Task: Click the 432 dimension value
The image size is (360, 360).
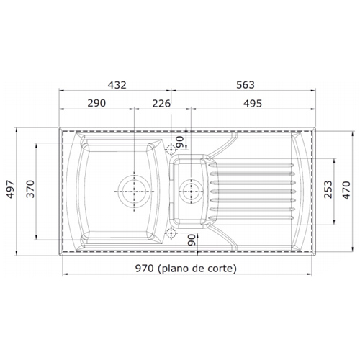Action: click(117, 85)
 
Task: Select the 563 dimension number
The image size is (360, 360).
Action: click(246, 85)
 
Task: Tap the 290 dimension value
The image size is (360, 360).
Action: click(96, 103)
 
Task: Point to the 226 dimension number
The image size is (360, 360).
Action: click(161, 104)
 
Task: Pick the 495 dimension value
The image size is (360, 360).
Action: click(253, 104)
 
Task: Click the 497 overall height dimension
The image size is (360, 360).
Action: click(10, 189)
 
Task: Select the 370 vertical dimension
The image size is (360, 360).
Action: click(30, 189)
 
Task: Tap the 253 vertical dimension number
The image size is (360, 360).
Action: click(328, 189)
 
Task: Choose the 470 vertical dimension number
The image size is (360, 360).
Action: click(346, 190)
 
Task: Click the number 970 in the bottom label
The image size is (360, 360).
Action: click(144, 269)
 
